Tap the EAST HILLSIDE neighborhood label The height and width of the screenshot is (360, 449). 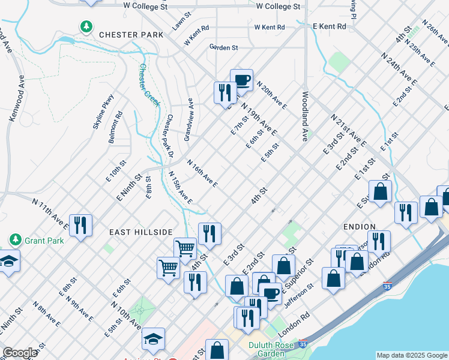pyautogui.click(x=141, y=232)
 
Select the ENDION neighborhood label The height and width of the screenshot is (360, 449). pyautogui.click(x=360, y=227)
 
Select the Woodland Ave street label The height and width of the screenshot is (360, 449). pyautogui.click(x=305, y=116)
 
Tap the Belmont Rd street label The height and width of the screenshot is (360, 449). pyautogui.click(x=115, y=127)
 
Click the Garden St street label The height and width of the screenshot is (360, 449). pyautogui.click(x=224, y=47)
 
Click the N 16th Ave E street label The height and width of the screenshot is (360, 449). pyautogui.click(x=202, y=173)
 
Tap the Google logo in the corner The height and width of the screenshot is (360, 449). pyautogui.click(x=20, y=353)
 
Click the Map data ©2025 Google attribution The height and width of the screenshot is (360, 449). pyautogui.click(x=412, y=355)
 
